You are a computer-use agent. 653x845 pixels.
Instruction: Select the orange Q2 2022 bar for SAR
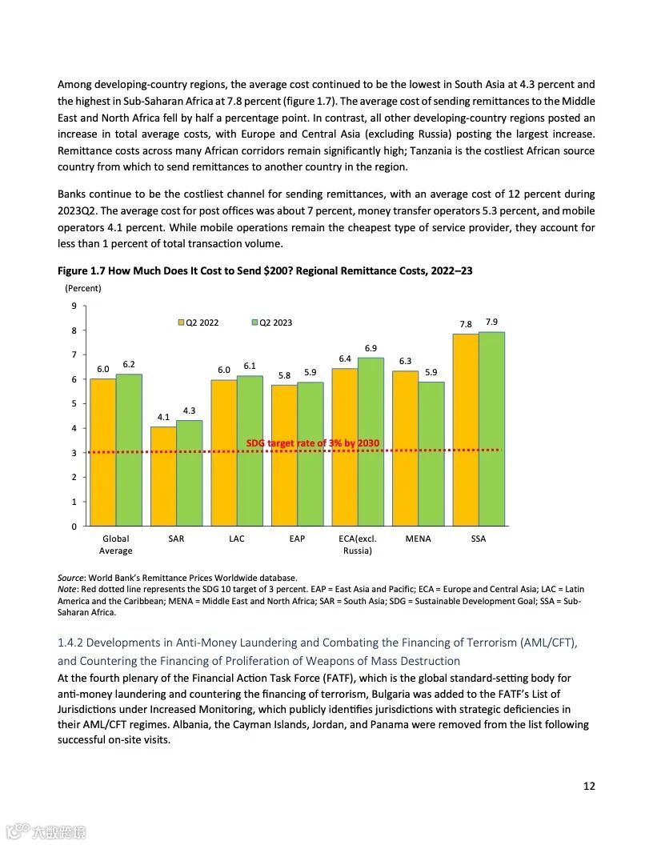pos(163,476)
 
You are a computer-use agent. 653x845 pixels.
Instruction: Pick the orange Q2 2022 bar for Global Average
pos(102,452)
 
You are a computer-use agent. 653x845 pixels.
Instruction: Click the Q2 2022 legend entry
pos(198,322)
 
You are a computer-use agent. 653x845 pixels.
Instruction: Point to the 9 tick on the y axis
pos(74,306)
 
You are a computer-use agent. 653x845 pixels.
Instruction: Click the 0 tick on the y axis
pos(74,527)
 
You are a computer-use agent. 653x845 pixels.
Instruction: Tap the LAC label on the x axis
pos(237,539)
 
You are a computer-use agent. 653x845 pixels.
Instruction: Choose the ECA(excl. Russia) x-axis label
pos(358,544)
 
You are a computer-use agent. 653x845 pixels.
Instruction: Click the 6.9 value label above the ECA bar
pos(371,348)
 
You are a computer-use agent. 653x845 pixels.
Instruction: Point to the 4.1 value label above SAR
pos(163,417)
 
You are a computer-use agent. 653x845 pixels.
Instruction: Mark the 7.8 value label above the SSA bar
pos(466,324)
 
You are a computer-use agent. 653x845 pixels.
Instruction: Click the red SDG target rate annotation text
pos(313,443)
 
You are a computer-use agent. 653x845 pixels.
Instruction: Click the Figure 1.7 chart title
pos(265,270)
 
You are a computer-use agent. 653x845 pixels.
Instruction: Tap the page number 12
pos(589,786)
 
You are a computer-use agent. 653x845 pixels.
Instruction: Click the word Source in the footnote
pos(70,577)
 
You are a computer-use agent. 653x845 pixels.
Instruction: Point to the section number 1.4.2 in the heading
pos(70,643)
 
